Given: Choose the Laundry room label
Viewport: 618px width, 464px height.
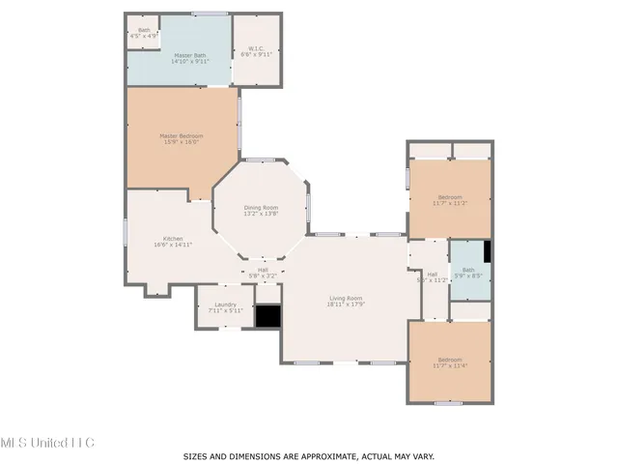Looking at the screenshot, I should (x=224, y=307).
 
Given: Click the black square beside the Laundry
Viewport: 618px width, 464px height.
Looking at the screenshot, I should (x=267, y=316).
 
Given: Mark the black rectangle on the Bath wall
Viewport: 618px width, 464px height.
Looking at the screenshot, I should (x=488, y=251).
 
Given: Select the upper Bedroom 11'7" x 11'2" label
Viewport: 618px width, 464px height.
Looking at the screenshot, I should (x=449, y=199).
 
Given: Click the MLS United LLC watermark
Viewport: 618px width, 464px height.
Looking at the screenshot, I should (x=47, y=442).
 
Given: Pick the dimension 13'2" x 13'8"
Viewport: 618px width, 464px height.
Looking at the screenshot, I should (x=261, y=215).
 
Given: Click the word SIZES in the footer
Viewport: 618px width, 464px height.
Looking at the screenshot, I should (x=197, y=455).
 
